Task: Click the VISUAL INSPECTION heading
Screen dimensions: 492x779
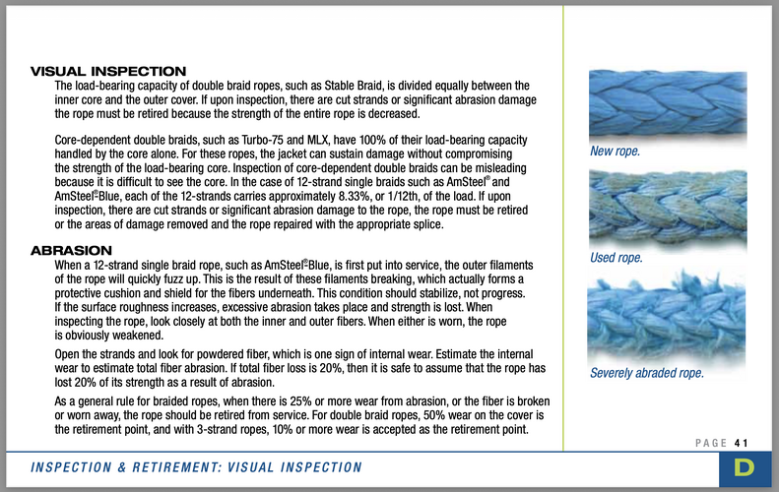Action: coord(109,72)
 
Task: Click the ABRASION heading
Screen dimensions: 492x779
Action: coord(72,251)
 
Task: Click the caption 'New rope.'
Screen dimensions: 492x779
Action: coord(615,152)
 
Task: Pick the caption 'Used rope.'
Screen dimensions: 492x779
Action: coord(617,258)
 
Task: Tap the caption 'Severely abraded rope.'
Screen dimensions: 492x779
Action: coord(647,374)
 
